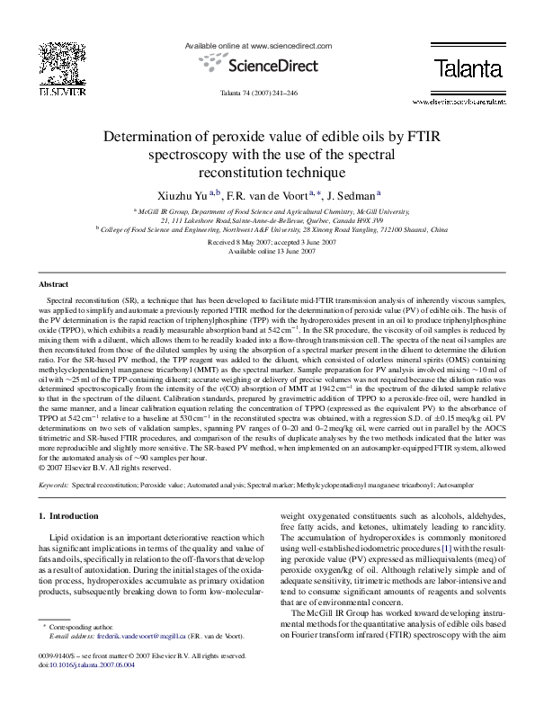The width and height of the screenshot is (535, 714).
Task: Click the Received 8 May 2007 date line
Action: pyautogui.click(x=267, y=243)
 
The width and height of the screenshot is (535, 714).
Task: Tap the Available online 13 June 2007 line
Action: pyautogui.click(x=267, y=252)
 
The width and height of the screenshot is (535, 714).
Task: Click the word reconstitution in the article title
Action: pyautogui.click(x=267, y=171)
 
